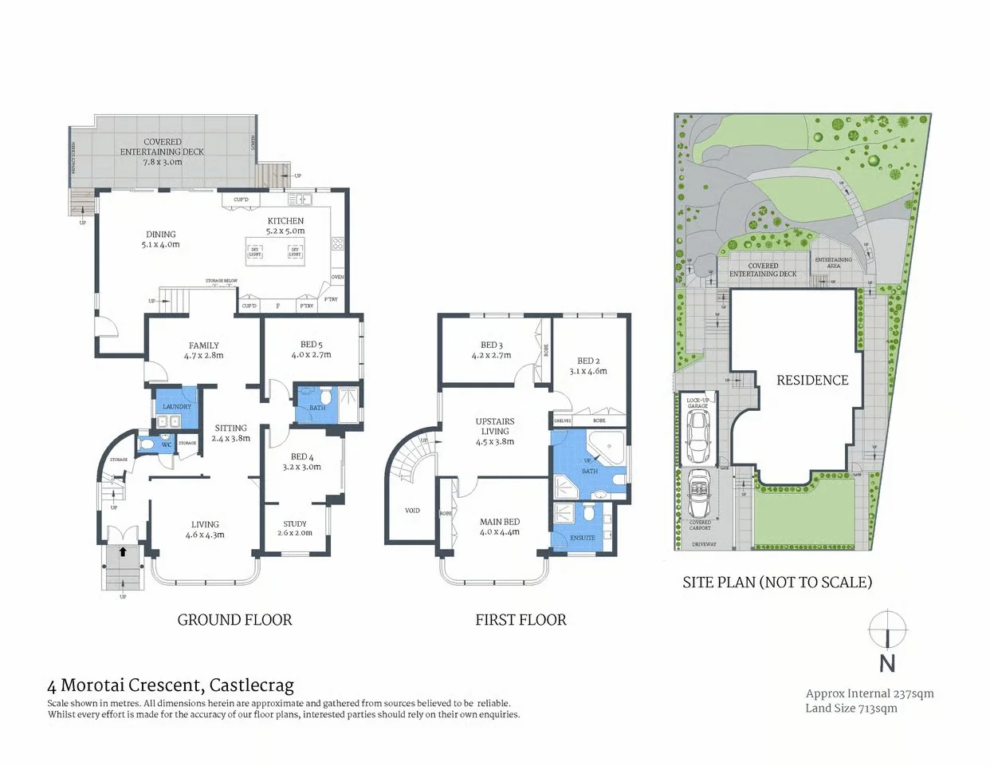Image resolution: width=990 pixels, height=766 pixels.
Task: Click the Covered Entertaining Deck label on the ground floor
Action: tap(162, 152)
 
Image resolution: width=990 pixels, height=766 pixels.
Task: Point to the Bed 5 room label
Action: tap(311, 345)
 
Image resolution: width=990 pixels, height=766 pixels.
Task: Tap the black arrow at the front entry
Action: tap(123, 551)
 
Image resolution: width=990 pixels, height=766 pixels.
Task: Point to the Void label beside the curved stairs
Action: tap(412, 511)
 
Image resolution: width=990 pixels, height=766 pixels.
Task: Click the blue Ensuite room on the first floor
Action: tap(583, 527)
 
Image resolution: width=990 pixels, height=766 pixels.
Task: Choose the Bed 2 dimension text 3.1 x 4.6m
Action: tap(588, 371)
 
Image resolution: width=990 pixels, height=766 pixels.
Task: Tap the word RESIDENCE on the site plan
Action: tap(812, 381)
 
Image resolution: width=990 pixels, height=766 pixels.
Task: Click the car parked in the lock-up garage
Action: tap(698, 439)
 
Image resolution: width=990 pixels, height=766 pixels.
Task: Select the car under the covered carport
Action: tap(699, 493)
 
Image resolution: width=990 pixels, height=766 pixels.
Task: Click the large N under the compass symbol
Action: tap(887, 663)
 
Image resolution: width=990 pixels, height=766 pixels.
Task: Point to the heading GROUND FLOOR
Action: tap(234, 620)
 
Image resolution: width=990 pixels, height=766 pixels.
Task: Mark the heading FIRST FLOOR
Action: tap(521, 620)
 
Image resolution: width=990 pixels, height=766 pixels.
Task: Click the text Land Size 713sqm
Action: tap(851, 709)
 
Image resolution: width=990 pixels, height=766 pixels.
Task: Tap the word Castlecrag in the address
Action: tap(252, 685)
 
